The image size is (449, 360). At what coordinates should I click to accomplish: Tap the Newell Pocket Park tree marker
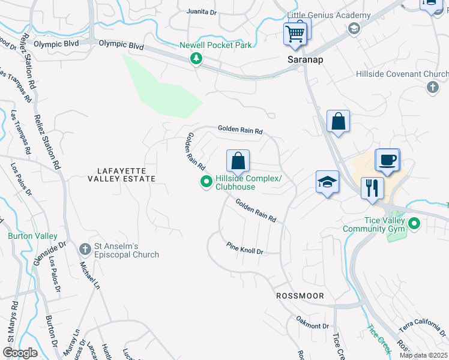click(196, 58)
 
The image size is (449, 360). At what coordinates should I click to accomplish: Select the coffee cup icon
click(387, 160)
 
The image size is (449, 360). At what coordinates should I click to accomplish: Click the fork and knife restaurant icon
click(372, 188)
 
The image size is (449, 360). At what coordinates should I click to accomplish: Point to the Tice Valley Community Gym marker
click(414, 224)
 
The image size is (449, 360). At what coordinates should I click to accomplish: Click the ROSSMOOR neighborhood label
click(300, 296)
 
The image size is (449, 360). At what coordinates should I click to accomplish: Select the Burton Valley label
click(32, 236)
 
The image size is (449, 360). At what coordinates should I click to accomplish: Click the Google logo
click(20, 353)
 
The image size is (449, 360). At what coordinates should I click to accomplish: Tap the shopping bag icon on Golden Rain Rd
click(238, 161)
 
